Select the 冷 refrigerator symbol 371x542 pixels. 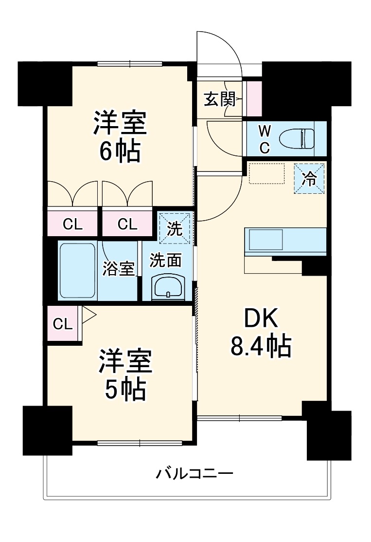[x=309, y=179]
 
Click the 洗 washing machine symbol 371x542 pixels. [x=176, y=228]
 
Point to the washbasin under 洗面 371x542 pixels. [x=168, y=287]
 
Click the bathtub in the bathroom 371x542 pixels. [x=77, y=270]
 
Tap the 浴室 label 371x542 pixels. [x=118, y=269]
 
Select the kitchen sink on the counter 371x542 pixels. [x=266, y=240]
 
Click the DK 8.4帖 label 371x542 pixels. [x=261, y=333]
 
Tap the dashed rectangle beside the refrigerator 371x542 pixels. [x=266, y=174]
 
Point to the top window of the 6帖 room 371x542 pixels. [x=129, y=63]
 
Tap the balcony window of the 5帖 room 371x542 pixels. [x=140, y=443]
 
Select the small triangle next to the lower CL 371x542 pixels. [x=88, y=314]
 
